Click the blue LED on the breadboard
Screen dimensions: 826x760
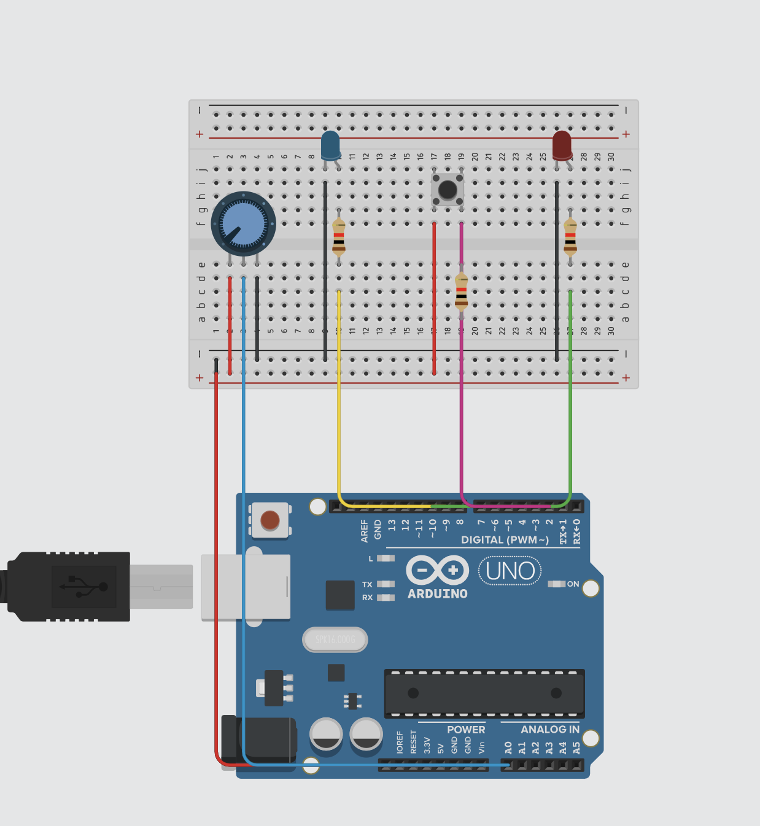pyautogui.click(x=330, y=145)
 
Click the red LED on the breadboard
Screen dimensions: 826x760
pyautogui.click(x=562, y=145)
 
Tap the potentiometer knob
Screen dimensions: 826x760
pyautogui.click(x=243, y=223)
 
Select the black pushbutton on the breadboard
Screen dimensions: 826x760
pyautogui.click(x=448, y=190)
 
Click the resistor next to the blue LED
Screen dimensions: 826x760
pyautogui.click(x=338, y=237)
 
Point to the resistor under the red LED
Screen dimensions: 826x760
pyautogui.click(x=570, y=237)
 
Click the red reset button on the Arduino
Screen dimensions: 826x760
pyautogui.click(x=270, y=520)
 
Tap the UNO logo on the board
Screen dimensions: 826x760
pyautogui.click(x=510, y=571)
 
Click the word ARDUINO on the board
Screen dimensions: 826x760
pyautogui.click(x=438, y=594)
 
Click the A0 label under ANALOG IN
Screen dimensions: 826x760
pyautogui.click(x=508, y=747)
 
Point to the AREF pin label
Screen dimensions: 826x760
pyautogui.click(x=365, y=530)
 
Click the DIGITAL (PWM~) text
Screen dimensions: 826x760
pyautogui.click(x=505, y=540)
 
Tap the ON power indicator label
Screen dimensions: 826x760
pyautogui.click(x=573, y=584)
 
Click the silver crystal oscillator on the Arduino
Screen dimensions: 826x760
pyautogui.click(x=335, y=640)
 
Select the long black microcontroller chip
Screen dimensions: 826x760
pyautogui.click(x=484, y=693)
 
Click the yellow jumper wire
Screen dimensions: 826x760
pyautogui.click(x=338, y=399)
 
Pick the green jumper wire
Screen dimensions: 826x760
pyautogui.click(x=570, y=399)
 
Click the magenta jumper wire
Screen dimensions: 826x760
pyautogui.click(x=461, y=399)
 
